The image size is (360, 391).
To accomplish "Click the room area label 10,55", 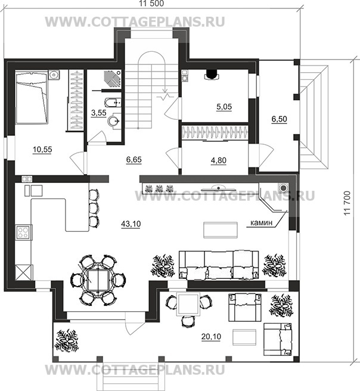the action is point(42,150).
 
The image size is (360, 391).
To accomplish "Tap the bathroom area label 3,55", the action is point(99,113).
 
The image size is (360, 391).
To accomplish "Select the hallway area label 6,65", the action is point(134,160).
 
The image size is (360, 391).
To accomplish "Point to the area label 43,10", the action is point(131,224).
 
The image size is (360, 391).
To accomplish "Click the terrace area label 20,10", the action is point(211,337).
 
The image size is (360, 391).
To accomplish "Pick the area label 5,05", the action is point(224,107).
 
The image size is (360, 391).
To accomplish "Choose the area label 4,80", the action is point(219,160).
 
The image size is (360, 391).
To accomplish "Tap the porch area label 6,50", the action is point(279,119).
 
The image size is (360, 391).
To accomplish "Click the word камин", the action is point(261,223).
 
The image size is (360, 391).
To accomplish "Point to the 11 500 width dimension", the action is point(151,3).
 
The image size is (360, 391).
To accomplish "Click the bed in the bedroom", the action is point(32,97).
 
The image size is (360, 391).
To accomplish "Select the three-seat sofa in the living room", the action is point(219,265).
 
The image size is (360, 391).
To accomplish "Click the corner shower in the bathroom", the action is point(112,79).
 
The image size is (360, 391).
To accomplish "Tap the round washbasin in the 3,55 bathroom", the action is point(114,121).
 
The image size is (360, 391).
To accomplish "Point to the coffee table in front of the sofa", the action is point(221,229).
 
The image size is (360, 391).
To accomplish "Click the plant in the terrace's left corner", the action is point(67,340).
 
